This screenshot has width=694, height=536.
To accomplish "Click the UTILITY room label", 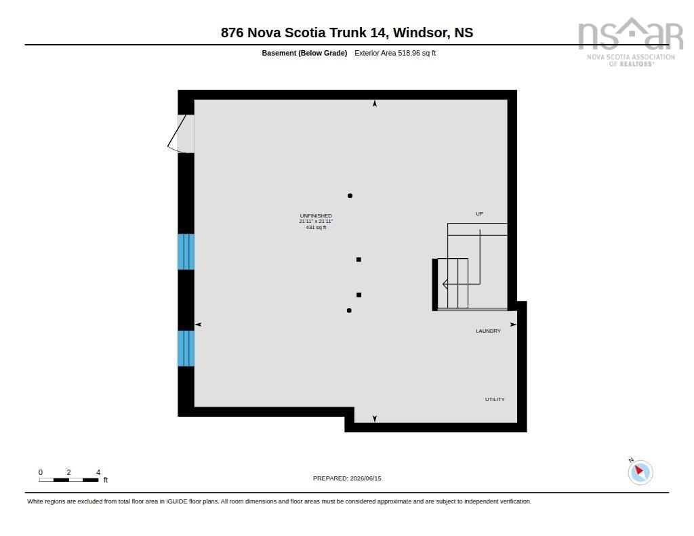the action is [494, 399].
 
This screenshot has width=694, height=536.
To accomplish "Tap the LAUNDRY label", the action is [488, 331].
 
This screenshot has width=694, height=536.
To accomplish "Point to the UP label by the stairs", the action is [479, 213].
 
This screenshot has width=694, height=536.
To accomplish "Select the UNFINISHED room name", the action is [316, 216].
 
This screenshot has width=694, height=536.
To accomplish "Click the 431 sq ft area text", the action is [316, 228].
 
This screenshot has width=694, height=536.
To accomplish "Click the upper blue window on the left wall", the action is [186, 252].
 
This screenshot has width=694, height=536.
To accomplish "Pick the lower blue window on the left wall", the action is [186, 348].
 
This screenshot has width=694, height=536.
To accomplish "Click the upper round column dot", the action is [350, 196].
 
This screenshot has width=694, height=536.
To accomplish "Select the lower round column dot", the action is [349, 311].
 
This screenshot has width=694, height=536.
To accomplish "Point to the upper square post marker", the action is [359, 260].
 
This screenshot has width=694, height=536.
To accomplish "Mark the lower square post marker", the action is [359, 295].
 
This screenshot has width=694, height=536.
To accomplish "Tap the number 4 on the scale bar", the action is [98, 473].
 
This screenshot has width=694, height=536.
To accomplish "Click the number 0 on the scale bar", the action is [41, 473].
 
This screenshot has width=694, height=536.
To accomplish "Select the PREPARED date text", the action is [347, 478].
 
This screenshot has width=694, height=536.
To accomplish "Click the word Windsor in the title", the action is [420, 33].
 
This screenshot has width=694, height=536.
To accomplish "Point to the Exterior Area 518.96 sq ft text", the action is [395, 53].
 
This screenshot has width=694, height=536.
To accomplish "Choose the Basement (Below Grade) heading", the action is [304, 53].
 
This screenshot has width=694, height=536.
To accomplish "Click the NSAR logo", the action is [631, 42].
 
